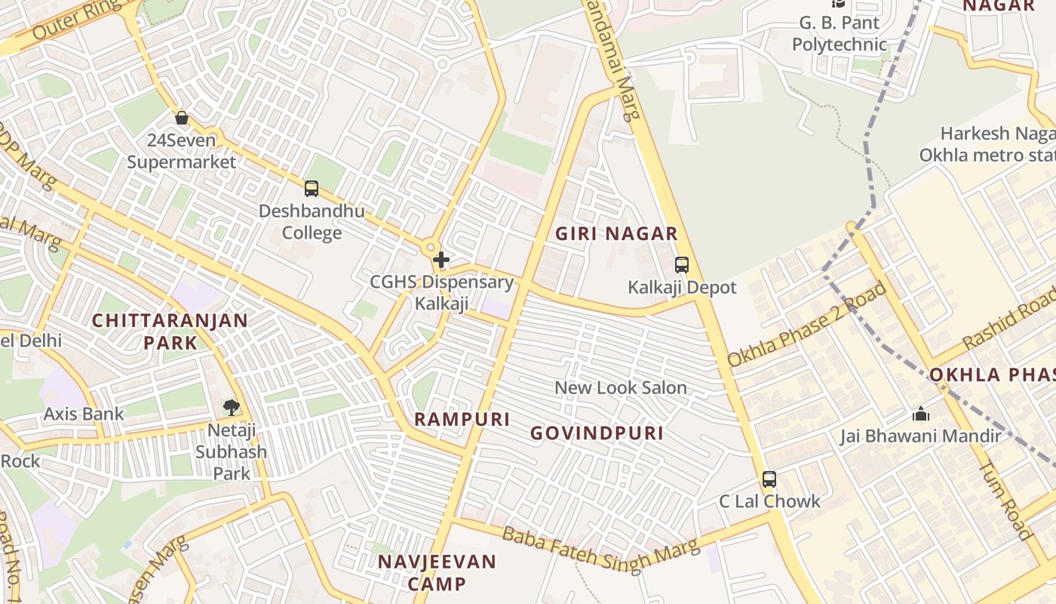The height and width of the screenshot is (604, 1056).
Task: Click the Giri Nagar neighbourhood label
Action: click(616, 234)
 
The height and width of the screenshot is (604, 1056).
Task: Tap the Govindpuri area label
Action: click(597, 433)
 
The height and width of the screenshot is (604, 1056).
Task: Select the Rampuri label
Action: click(462, 420)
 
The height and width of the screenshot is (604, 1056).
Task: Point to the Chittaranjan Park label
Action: click(170, 331)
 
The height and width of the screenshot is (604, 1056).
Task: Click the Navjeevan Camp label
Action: click(437, 572)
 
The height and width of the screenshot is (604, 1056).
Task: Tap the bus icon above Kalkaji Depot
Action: click(682, 265)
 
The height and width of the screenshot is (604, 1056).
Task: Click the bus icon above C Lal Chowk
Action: click(769, 479)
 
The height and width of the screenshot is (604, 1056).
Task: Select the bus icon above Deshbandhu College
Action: click(312, 189)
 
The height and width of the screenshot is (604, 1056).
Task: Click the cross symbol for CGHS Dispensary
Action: click(441, 260)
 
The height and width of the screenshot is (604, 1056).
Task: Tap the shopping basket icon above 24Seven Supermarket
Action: click(181, 118)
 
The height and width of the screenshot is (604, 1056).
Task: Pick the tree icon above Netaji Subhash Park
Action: click(231, 408)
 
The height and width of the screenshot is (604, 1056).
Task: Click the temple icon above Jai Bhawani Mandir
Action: click(920, 414)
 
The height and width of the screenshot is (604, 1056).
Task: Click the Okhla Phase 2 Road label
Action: click(806, 325)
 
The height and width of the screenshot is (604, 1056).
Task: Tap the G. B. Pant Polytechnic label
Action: click(839, 34)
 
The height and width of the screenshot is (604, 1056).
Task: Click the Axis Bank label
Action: click(84, 414)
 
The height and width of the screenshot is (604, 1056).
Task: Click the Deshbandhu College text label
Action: click(312, 221)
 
